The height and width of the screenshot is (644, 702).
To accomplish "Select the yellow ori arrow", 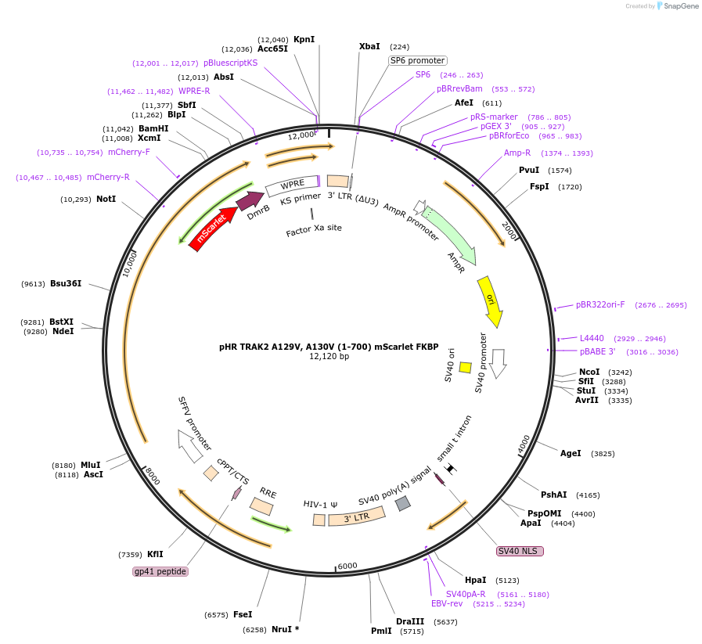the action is [x=490, y=300].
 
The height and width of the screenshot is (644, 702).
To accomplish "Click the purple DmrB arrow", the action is [x=250, y=200].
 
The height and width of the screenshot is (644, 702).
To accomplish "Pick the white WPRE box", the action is [x=293, y=185].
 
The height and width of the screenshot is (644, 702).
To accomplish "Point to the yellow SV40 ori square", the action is [x=465, y=368].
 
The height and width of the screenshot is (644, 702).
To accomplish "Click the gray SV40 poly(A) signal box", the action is [x=403, y=503].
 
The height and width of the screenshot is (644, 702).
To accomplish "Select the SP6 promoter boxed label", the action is [x=418, y=60].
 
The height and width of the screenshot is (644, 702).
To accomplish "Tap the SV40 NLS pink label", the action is [x=520, y=551].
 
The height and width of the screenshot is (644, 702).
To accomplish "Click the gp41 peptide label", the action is [x=160, y=571].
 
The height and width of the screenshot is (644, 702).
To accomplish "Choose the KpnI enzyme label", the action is [x=304, y=39].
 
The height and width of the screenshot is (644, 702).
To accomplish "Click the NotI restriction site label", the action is [x=106, y=199].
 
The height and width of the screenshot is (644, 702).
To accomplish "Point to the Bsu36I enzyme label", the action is [x=66, y=283].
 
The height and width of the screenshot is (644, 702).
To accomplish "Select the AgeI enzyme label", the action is [x=571, y=453].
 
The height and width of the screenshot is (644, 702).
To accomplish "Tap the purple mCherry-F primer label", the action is [x=129, y=152].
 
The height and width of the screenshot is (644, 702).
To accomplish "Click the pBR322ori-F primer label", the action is [x=600, y=304].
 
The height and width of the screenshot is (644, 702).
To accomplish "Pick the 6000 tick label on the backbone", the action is [x=347, y=566].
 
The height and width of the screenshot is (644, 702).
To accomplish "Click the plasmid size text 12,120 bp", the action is [x=329, y=356].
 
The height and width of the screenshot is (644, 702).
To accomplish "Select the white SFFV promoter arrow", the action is [x=190, y=446].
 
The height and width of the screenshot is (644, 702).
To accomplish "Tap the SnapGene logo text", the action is [x=681, y=5].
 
